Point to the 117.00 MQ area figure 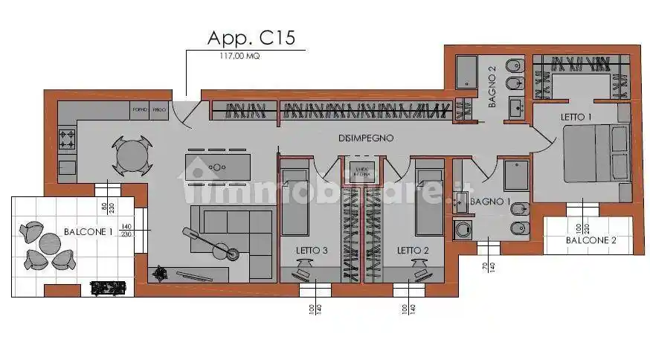pos(240,56)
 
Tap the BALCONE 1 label pos(88,231)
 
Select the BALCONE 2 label pos(591,240)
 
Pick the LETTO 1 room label pos(576,118)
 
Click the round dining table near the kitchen pos(132,155)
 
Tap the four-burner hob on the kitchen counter pos(67,138)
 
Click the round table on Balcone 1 pos(49,244)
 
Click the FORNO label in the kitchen pos(139,110)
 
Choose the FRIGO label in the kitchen pos(158,110)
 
